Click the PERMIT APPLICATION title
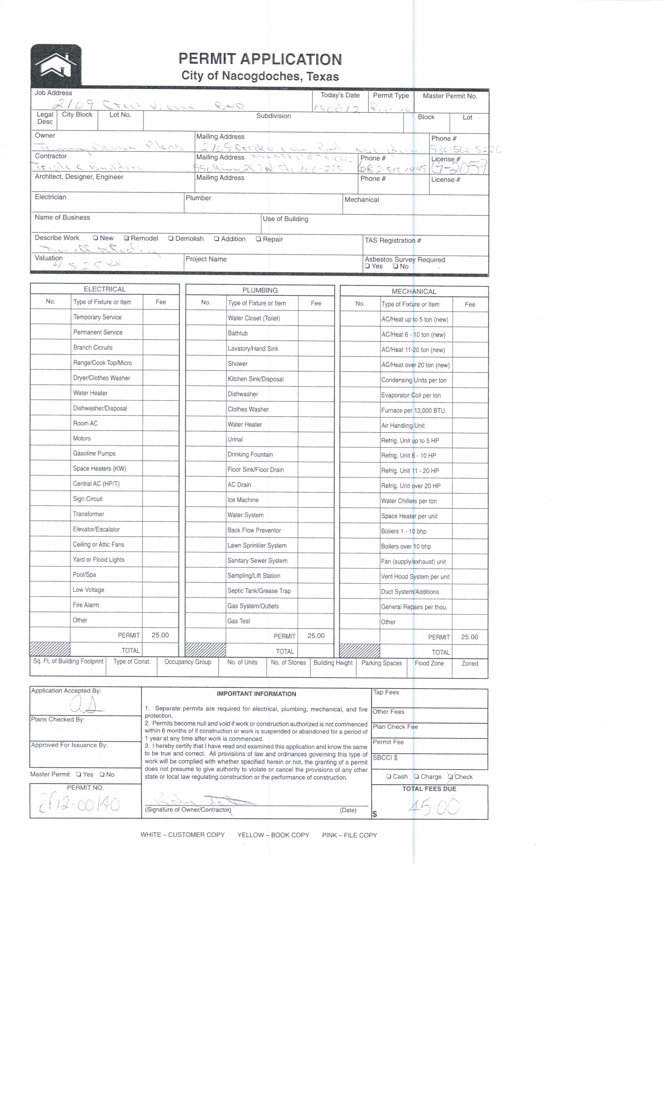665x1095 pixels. (260, 59)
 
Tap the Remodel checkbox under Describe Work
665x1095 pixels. (127, 238)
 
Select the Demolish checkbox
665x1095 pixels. (171, 239)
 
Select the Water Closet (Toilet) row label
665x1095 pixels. (254, 318)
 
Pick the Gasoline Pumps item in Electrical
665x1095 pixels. (94, 453)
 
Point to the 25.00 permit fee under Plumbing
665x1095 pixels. (316, 636)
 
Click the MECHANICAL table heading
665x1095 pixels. (414, 291)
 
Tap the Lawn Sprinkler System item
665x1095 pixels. (257, 545)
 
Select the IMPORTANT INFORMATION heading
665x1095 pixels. (257, 694)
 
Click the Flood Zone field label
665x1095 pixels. (429, 663)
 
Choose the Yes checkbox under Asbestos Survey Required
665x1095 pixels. (367, 266)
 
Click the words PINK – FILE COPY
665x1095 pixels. (349, 835)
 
